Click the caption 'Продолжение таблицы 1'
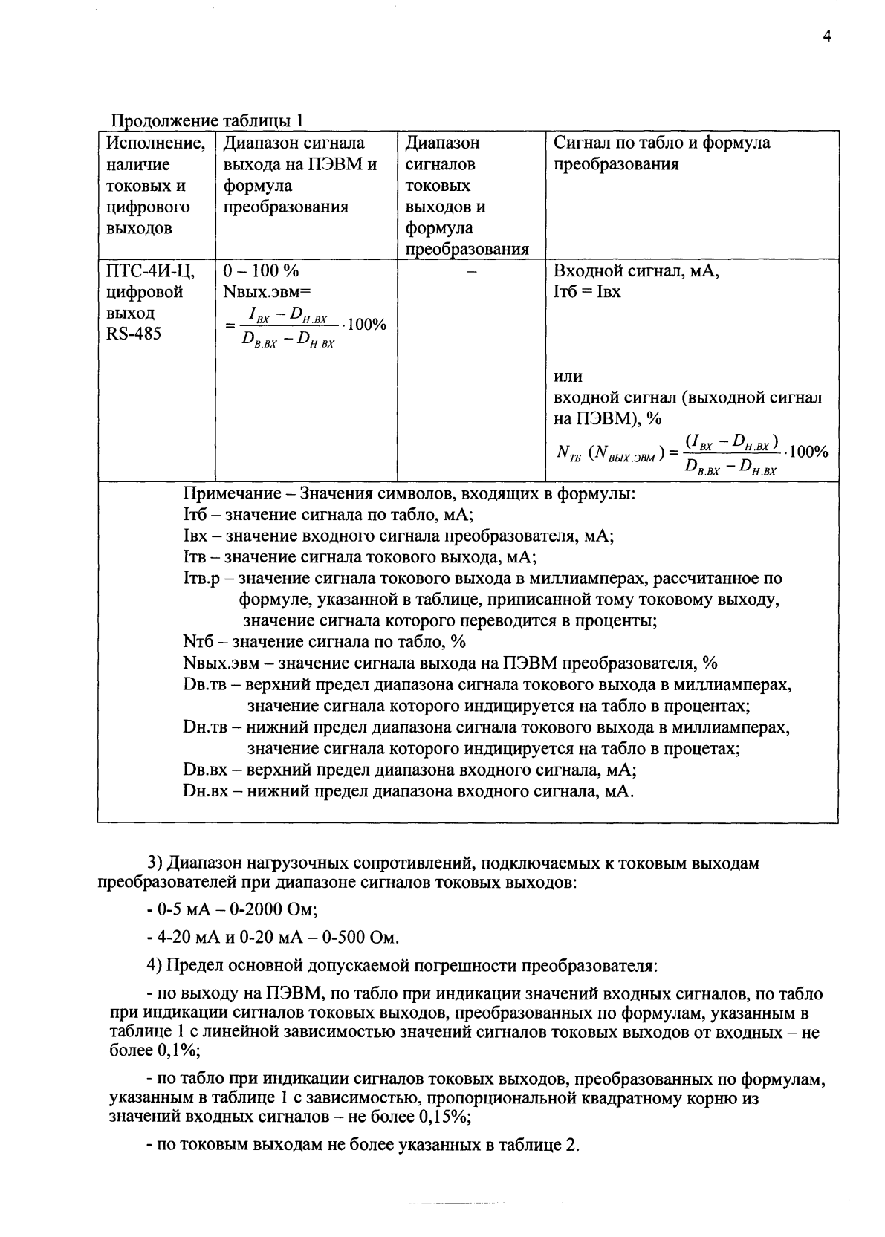click(207, 120)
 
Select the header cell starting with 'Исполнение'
click(155, 143)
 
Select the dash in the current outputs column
click(470, 272)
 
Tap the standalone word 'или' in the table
click(568, 377)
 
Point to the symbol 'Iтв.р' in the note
click(200, 578)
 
